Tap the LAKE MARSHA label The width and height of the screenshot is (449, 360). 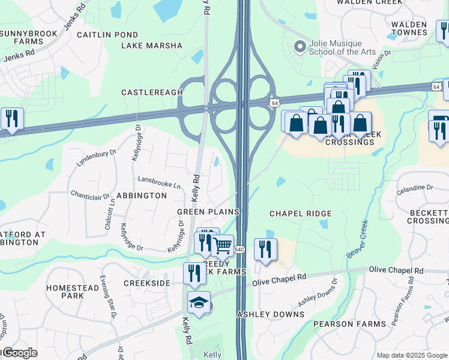[152, 46]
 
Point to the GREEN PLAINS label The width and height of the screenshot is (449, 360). [208, 212]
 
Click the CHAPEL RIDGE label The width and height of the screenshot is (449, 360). [300, 214]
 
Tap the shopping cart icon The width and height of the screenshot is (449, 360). [223, 245]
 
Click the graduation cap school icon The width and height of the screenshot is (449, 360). [199, 302]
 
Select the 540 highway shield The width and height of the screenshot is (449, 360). [239, 249]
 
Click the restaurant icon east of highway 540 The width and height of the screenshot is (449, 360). [265, 249]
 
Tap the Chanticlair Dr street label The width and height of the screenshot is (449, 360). [90, 194]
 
